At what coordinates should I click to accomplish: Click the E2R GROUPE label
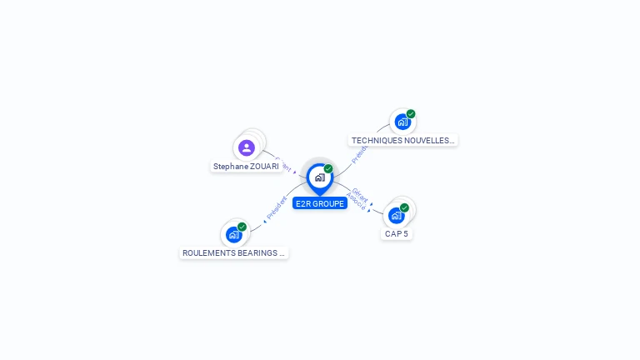[x=320, y=203]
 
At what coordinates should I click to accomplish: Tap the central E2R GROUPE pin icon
[x=319, y=177]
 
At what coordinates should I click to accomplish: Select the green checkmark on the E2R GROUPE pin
[x=328, y=169]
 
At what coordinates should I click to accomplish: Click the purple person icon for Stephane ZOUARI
[x=246, y=148]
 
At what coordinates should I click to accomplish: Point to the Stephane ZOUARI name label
[x=246, y=167]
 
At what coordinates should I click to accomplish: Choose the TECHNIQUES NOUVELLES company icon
[x=402, y=122]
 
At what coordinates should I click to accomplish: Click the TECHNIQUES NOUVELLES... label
[x=402, y=141]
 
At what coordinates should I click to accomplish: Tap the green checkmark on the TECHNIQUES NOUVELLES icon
[x=411, y=114]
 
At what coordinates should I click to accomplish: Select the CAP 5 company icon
[x=397, y=215]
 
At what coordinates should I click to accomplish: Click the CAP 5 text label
[x=397, y=234]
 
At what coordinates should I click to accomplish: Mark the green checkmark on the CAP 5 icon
[x=404, y=207]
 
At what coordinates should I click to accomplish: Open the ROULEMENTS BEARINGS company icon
[x=234, y=234]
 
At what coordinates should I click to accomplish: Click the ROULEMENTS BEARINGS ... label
[x=233, y=252]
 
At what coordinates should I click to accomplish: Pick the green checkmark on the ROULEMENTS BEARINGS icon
[x=242, y=227]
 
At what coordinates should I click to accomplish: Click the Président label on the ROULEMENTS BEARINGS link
[x=277, y=208]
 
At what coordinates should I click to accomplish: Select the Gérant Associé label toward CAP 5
[x=358, y=197]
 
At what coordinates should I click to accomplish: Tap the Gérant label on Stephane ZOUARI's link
[x=282, y=162]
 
